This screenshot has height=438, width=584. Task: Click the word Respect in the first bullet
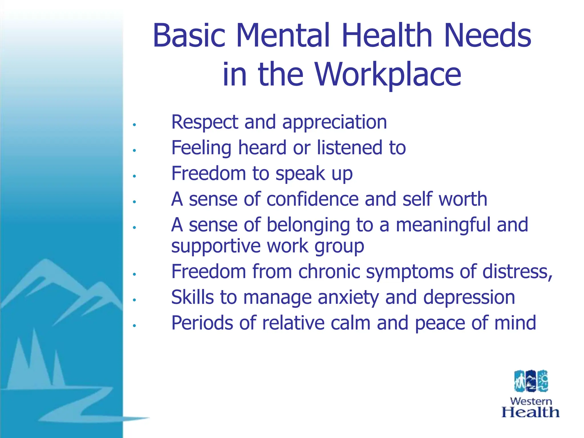tap(205, 122)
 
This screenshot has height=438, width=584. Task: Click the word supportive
tap(216, 246)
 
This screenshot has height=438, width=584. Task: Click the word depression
tap(469, 297)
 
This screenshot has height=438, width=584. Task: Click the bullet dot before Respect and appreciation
tap(134, 125)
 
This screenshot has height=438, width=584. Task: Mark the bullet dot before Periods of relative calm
tap(134, 325)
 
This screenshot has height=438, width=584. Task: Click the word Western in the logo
tap(531, 401)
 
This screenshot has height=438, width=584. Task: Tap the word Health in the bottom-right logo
tap(530, 412)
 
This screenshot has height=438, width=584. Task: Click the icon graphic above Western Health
tap(531, 381)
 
